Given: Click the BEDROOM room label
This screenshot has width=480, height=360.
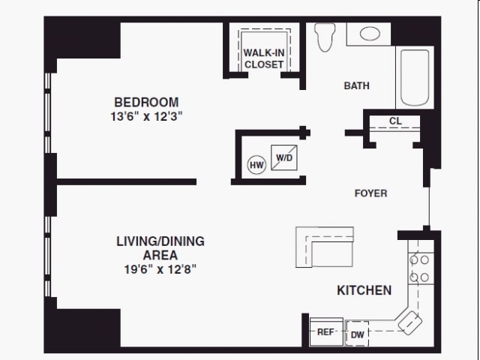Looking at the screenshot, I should click(146, 102).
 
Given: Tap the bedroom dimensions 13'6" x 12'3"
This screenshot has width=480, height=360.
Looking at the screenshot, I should click(146, 116).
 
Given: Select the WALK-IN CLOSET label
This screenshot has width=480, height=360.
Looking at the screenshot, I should click(264, 58).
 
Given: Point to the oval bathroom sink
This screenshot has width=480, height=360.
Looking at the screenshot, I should click(369, 34).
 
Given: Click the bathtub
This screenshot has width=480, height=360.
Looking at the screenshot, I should click(415, 77).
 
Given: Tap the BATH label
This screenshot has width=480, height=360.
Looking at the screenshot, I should click(356, 85).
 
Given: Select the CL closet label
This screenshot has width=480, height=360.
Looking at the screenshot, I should click(394, 121).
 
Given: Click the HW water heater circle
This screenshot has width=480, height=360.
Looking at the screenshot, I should click(256, 165).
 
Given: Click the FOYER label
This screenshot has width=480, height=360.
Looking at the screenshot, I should click(370, 193).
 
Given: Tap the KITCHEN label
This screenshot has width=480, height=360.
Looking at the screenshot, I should click(364, 290).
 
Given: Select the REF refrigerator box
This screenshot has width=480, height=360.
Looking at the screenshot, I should click(325, 331).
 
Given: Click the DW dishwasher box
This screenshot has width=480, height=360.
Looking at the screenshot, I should click(357, 334).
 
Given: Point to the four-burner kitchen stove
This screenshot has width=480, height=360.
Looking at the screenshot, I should click(419, 268).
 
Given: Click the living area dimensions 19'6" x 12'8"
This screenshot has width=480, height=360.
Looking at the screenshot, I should click(160, 268).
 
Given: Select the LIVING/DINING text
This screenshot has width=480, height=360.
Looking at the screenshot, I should click(160, 241).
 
